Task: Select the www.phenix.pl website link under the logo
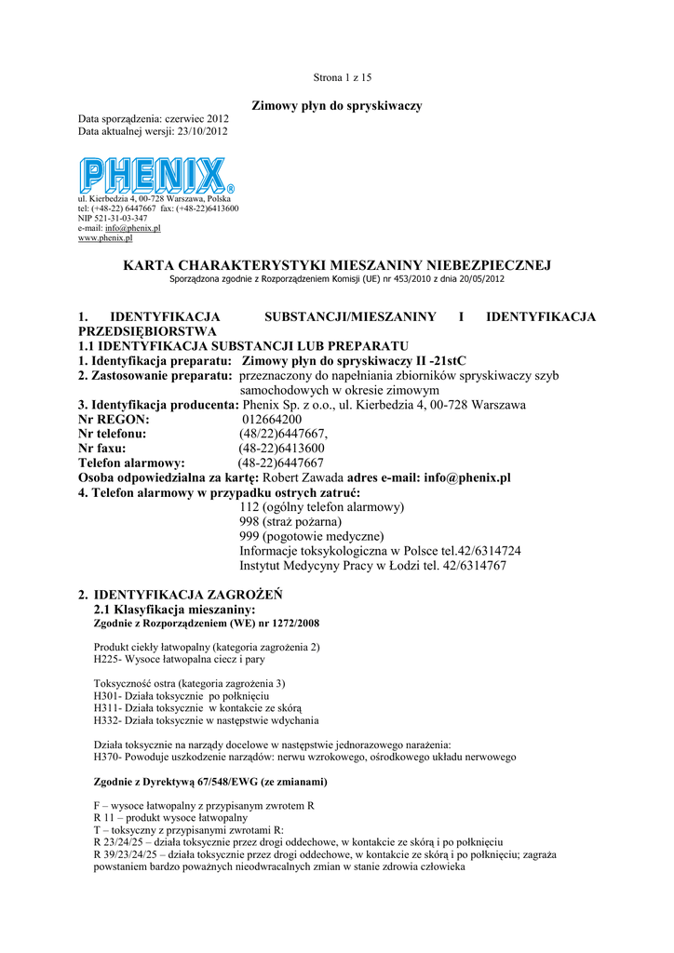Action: [x=105, y=238]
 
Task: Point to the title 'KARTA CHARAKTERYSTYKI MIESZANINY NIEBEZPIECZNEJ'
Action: [x=337, y=266]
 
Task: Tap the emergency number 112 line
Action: [x=321, y=507]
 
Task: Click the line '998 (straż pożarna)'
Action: [x=290, y=522]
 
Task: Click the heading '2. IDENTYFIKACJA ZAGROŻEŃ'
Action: [x=181, y=594]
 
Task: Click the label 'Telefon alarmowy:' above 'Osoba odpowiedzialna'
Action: [x=131, y=463]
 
